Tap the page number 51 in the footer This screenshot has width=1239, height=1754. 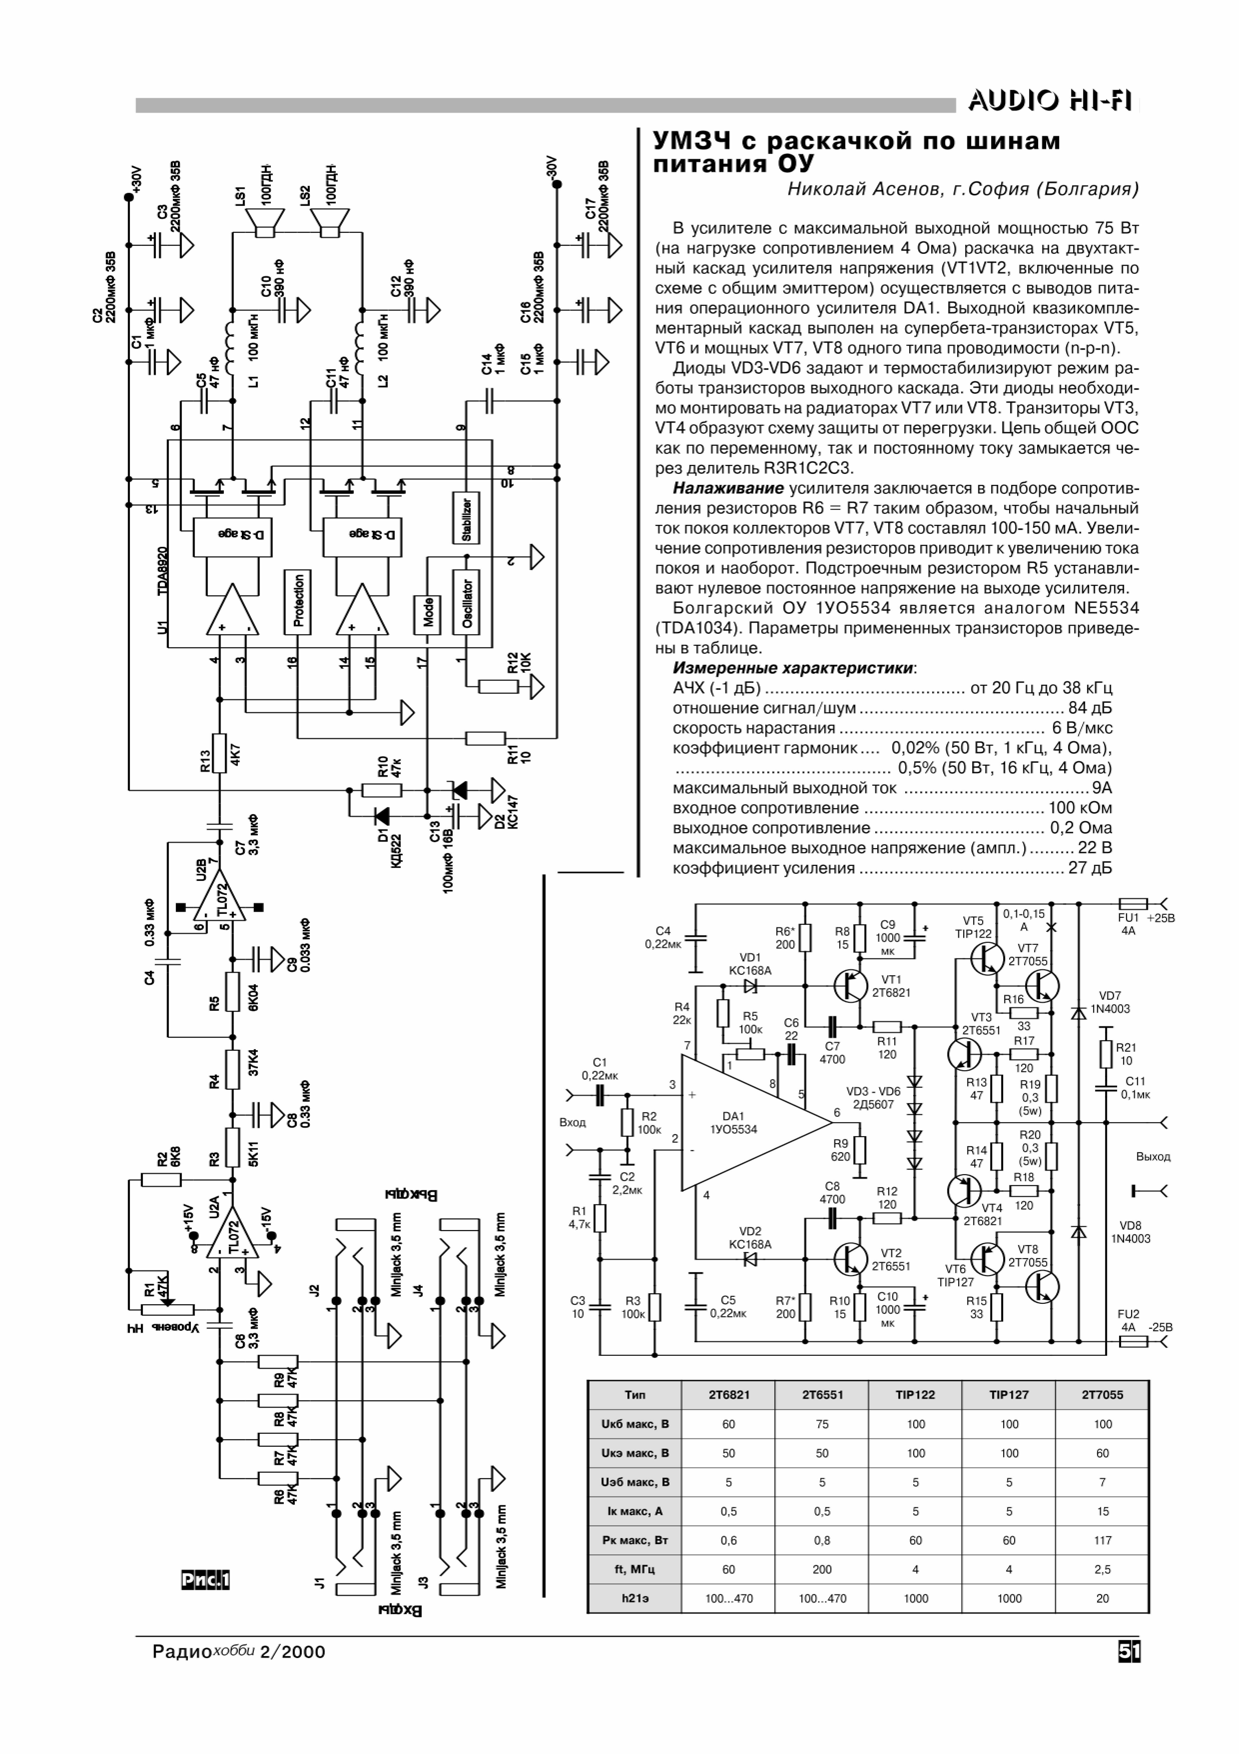click(x=1129, y=1652)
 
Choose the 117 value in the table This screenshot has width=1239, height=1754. click(x=1102, y=1540)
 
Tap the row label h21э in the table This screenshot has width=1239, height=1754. click(x=634, y=1598)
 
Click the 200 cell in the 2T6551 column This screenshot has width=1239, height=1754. click(x=822, y=1569)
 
